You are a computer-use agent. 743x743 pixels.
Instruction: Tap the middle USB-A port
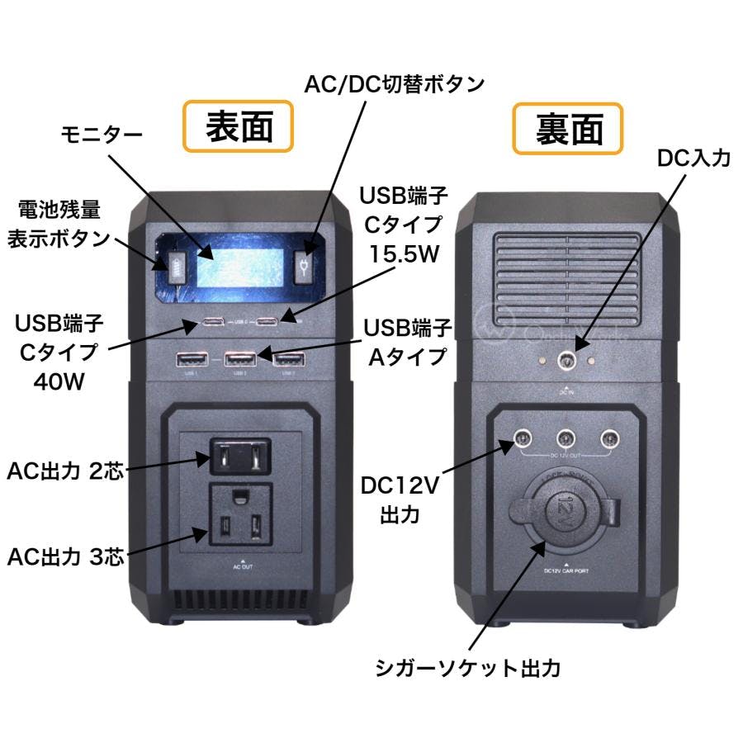pyautogui.click(x=239, y=359)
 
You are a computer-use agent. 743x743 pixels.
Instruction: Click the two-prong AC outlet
pyautogui.click(x=239, y=455)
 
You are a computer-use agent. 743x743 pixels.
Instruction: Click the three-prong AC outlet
pyautogui.click(x=239, y=518)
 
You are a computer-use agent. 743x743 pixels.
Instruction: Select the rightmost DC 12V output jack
pyautogui.click(x=609, y=439)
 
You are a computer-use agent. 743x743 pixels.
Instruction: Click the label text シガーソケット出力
pyautogui.click(x=466, y=667)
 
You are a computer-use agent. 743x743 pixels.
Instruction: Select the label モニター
pyautogui.click(x=102, y=135)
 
